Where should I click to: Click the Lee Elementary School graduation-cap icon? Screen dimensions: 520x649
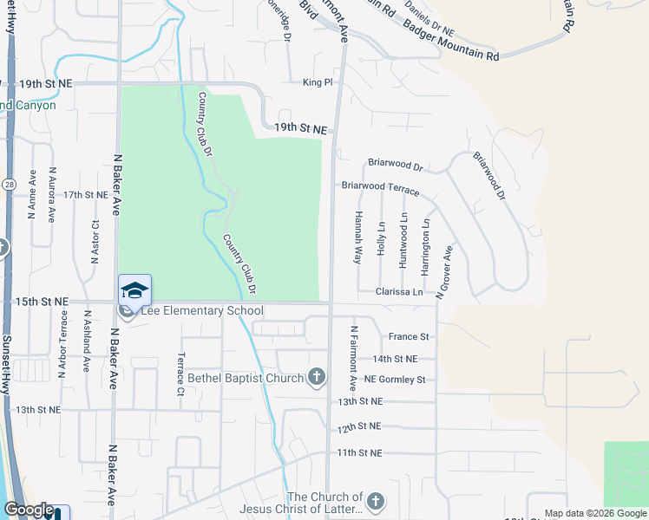click(134, 289)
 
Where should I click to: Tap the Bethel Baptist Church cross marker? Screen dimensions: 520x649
click(318, 377)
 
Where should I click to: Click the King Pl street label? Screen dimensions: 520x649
click(318, 83)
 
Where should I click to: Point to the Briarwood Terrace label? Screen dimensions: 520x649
click(380, 187)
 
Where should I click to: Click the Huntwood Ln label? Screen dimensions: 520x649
click(403, 238)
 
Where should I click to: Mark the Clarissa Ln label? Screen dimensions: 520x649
click(399, 293)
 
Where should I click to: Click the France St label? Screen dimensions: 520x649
click(409, 336)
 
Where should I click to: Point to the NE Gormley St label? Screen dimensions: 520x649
click(395, 380)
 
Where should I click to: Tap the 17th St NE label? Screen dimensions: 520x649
click(85, 195)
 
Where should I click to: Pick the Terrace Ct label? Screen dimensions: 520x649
click(180, 374)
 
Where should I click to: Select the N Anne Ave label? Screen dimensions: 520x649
click(31, 193)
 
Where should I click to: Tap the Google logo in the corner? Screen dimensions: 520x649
click(29, 510)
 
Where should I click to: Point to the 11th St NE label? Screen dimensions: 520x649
click(359, 453)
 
